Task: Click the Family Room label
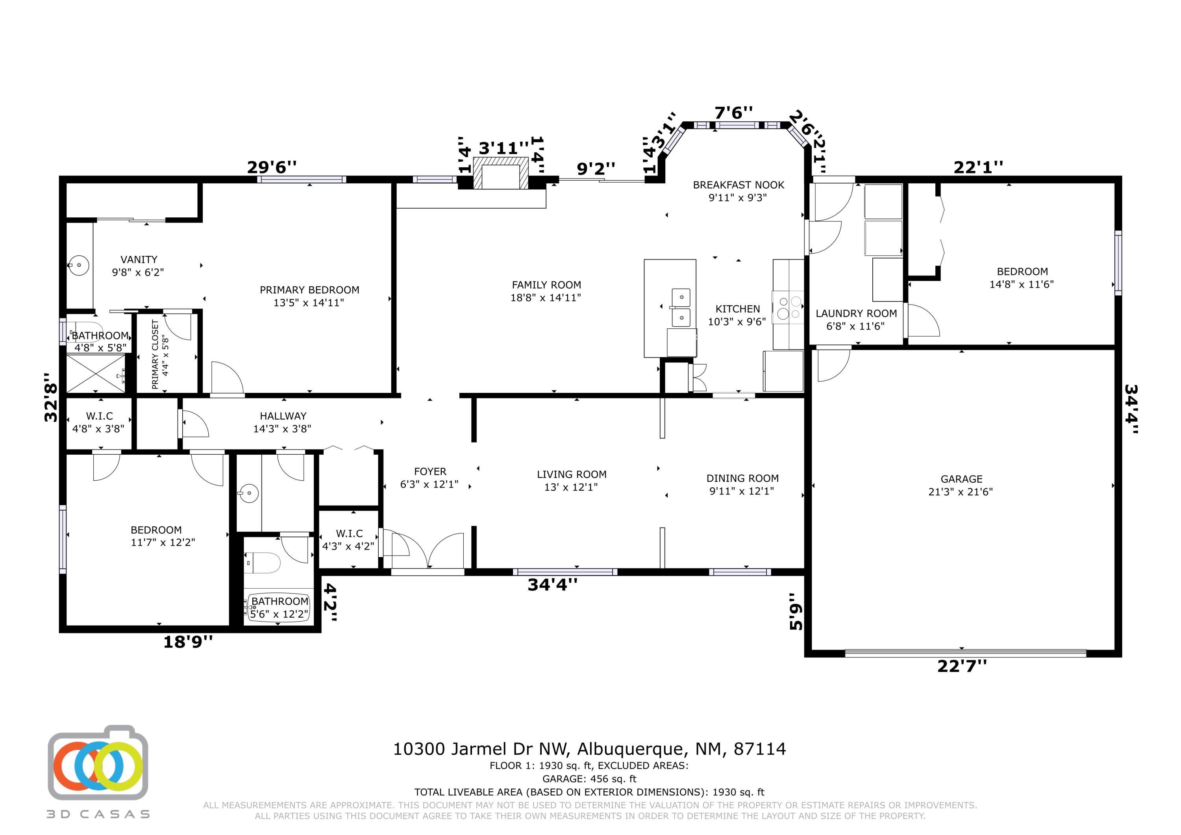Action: (x=546, y=285)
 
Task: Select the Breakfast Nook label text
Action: (x=739, y=185)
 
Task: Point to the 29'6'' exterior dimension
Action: (x=272, y=167)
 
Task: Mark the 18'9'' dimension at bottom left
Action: (x=188, y=642)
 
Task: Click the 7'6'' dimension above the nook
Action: (x=733, y=112)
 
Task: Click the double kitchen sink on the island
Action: (x=681, y=307)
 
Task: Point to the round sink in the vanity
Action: (x=79, y=265)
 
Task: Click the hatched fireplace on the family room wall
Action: (x=501, y=173)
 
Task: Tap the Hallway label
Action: (x=283, y=416)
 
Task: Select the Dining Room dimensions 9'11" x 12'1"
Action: (x=742, y=491)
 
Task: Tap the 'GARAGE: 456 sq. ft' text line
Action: (x=589, y=779)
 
